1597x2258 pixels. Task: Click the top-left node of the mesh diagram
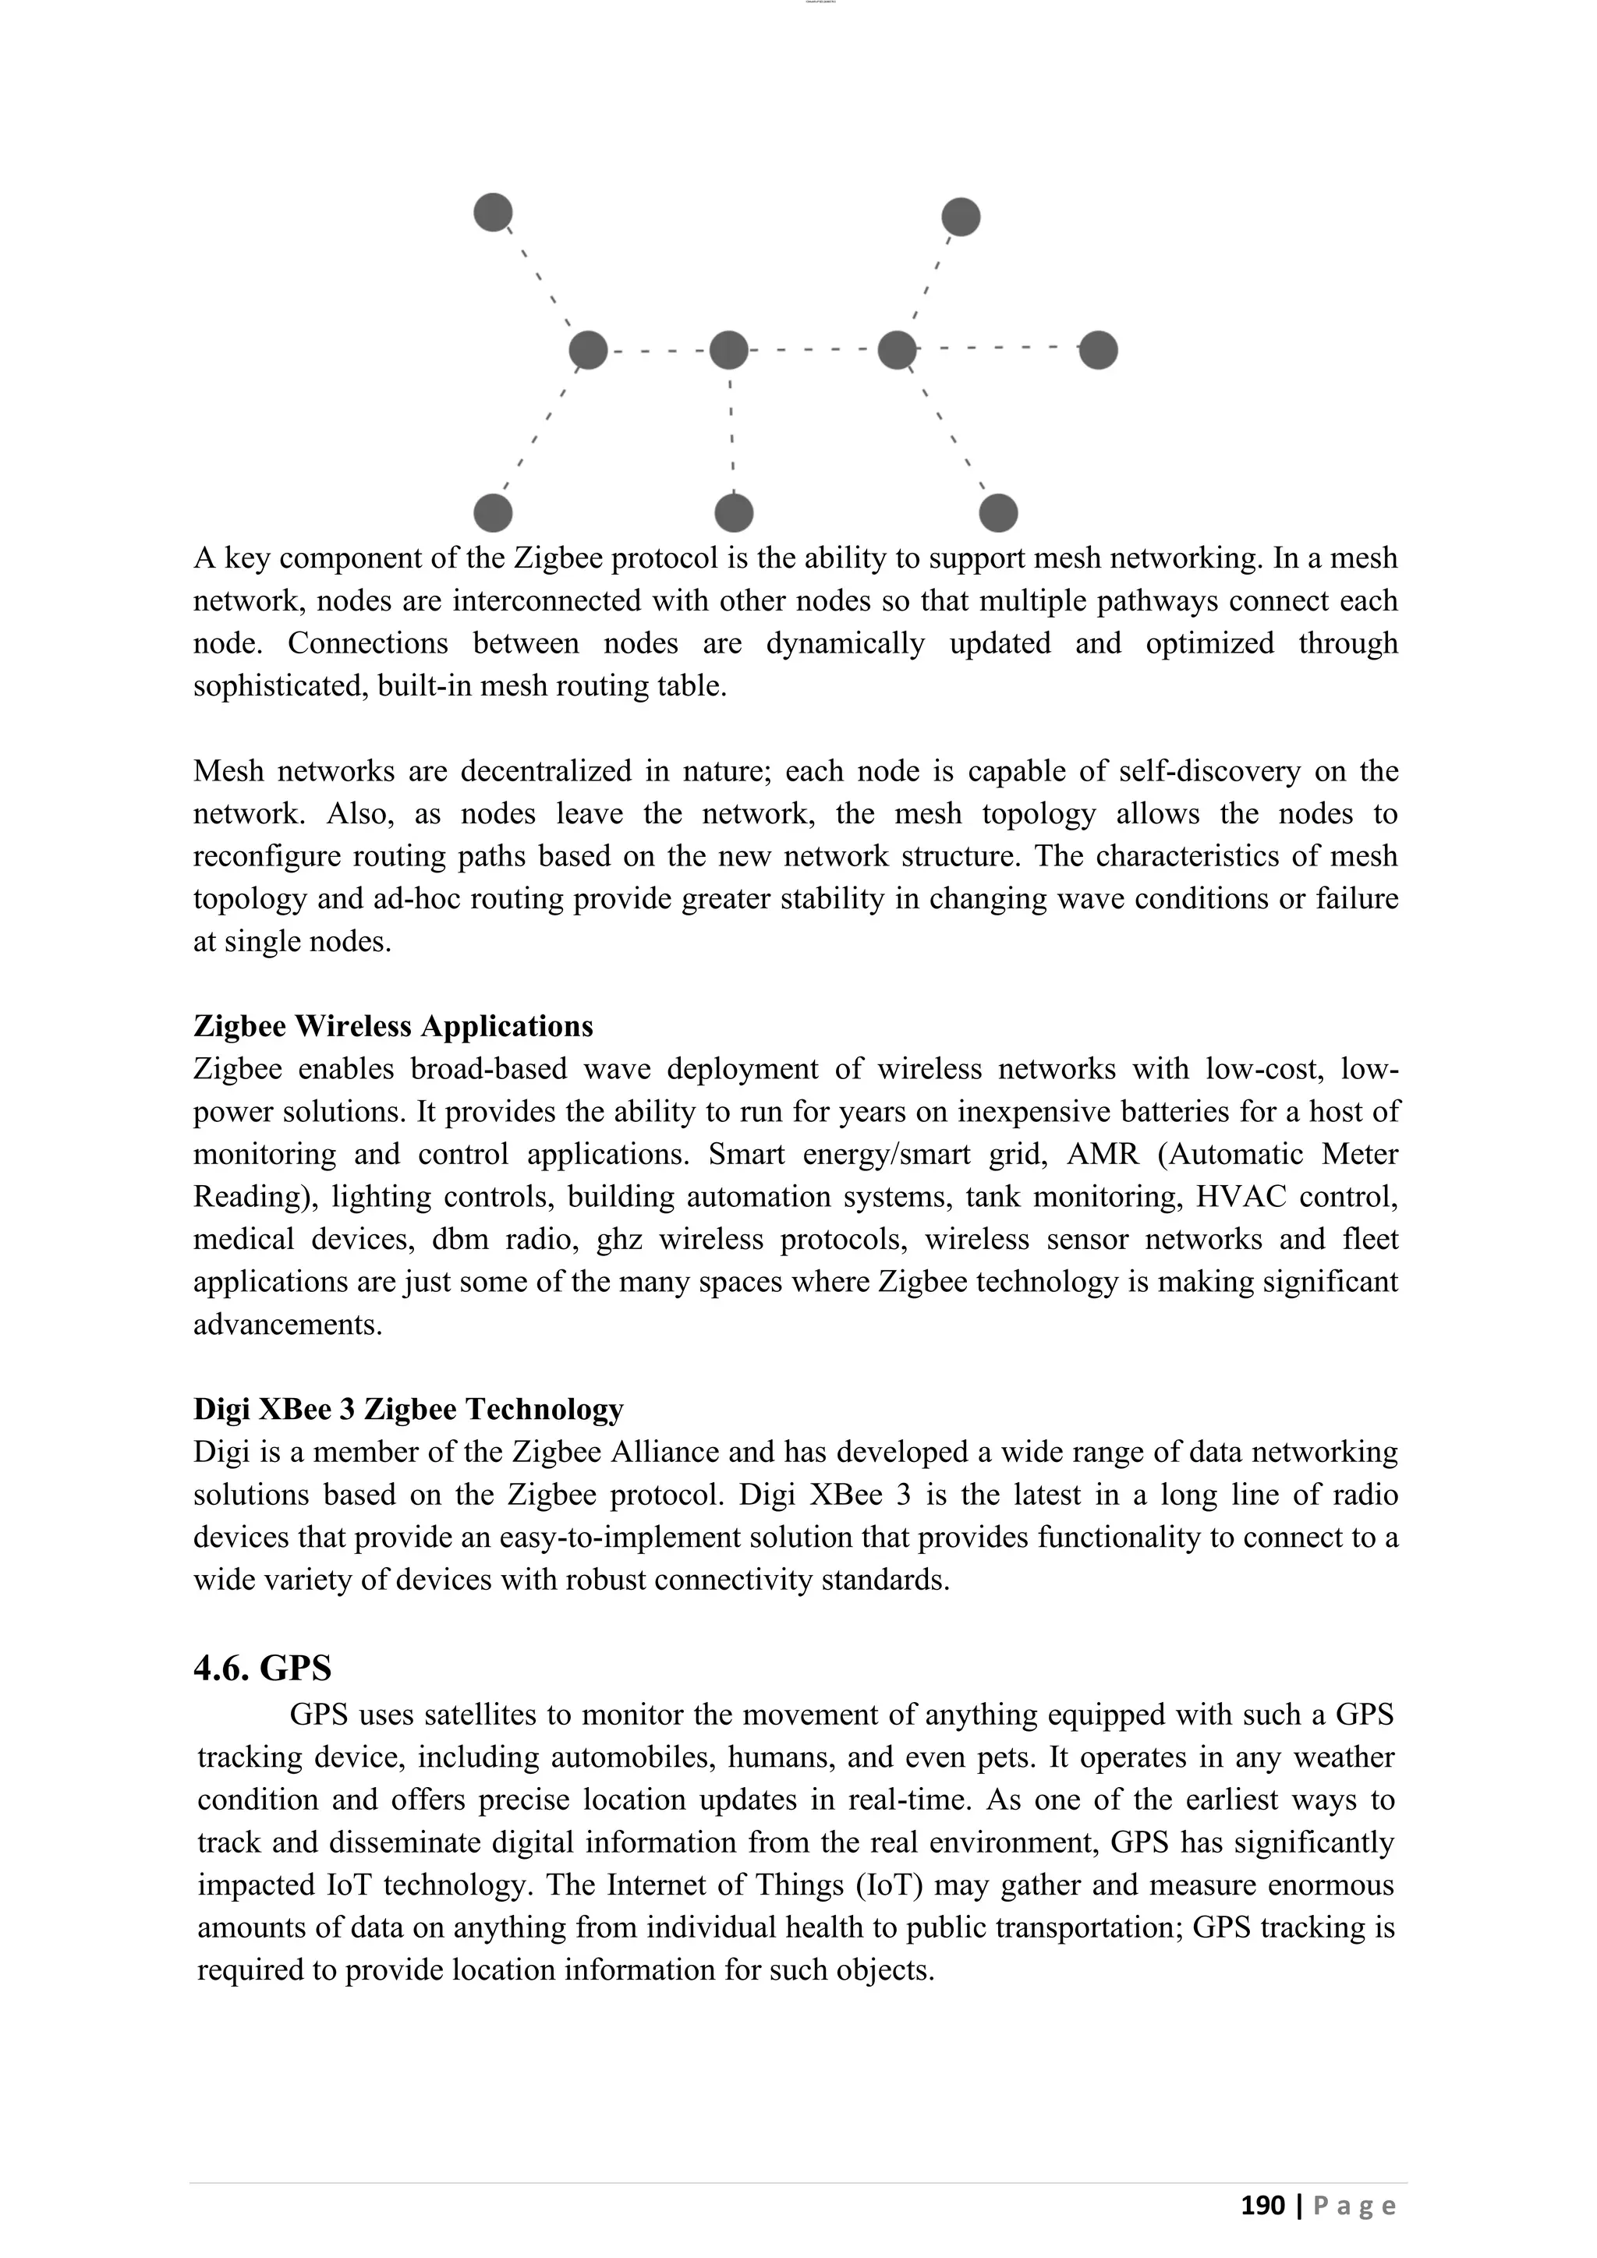pyautogui.click(x=493, y=212)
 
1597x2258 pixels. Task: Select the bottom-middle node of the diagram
pyautogui.click(x=734, y=513)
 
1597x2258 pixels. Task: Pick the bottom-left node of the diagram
pyautogui.click(x=493, y=513)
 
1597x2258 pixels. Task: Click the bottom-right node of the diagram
pyautogui.click(x=998, y=513)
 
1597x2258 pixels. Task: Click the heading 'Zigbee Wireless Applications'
pyautogui.click(x=393, y=1027)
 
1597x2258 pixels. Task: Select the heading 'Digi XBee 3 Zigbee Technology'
pyautogui.click(x=408, y=1409)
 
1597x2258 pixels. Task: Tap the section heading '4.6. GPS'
pyautogui.click(x=263, y=1668)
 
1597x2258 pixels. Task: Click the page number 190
pyautogui.click(x=1262, y=2206)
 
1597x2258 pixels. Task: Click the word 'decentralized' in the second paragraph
pyautogui.click(x=546, y=771)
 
